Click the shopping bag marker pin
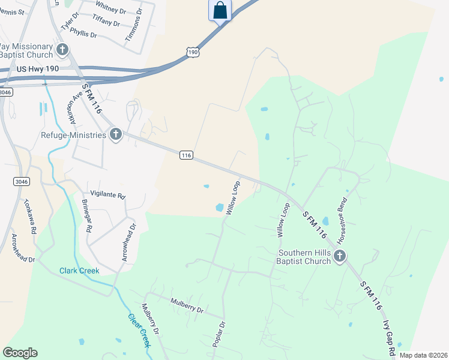pyautogui.click(x=220, y=11)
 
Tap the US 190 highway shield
pyautogui.click(x=192, y=53)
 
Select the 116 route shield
pyautogui.click(x=186, y=155)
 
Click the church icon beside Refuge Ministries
pyautogui.click(x=115, y=135)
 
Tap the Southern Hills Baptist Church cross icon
pyautogui.click(x=340, y=257)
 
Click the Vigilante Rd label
pyautogui.click(x=108, y=196)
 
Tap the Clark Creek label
pyautogui.click(x=79, y=271)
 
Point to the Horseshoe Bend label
pyautogui.click(x=342, y=220)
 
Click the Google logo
pyautogui.click(x=20, y=353)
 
